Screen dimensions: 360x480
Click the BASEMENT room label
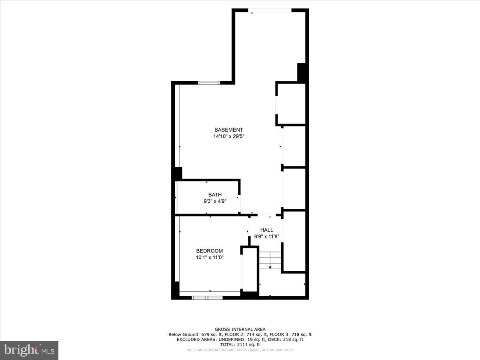228,130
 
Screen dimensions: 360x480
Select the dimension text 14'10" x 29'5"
228,136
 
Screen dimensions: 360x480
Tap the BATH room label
215,195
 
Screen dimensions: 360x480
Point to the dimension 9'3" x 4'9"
215,202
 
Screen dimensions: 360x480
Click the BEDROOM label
210,251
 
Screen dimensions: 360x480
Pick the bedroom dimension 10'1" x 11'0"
210,258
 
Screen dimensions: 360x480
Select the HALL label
266,230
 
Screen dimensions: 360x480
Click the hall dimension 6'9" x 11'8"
266,236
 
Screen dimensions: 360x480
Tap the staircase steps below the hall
270,260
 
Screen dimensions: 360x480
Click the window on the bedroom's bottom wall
207,298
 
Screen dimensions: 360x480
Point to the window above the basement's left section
209,83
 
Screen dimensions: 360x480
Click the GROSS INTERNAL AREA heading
240,330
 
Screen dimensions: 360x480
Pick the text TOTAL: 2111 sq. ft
240,344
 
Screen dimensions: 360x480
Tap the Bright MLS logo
29,350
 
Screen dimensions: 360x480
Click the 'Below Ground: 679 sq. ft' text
190,334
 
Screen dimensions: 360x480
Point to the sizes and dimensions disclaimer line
240,350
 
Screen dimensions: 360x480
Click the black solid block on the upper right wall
302,73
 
